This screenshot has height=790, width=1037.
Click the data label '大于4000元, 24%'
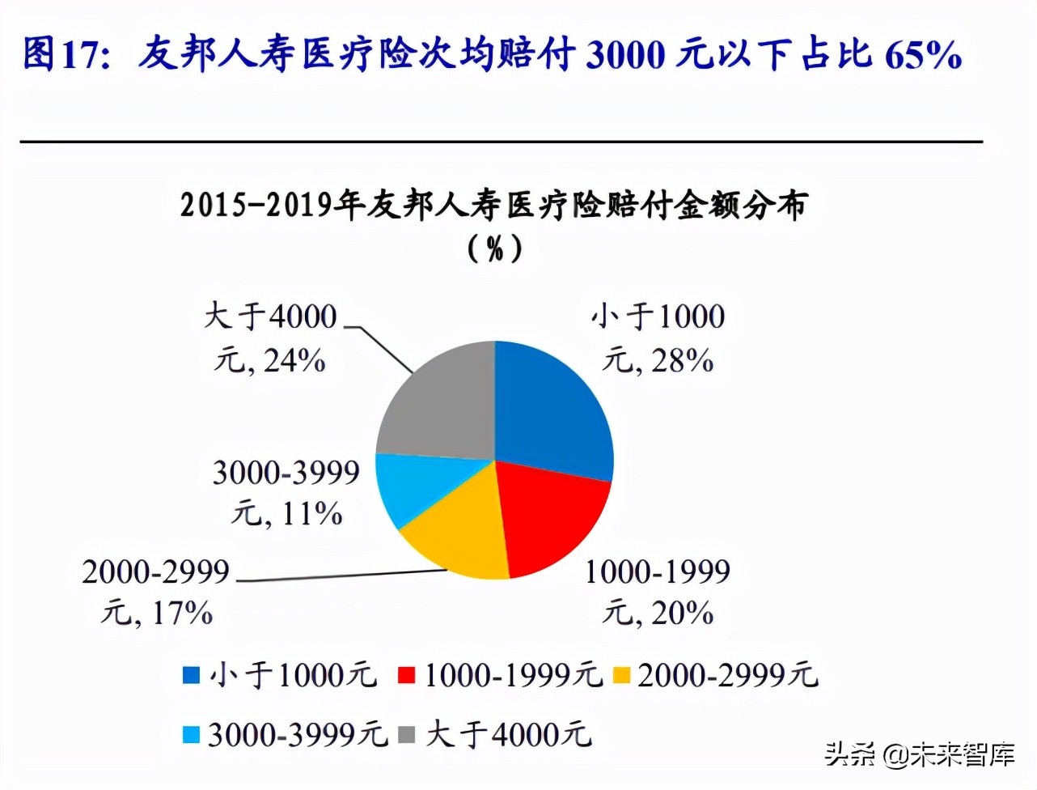270,338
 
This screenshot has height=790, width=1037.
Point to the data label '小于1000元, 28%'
658,338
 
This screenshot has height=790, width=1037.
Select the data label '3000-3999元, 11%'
286,493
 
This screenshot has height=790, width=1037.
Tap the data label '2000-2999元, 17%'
156,592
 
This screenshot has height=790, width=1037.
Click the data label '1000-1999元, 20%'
658,592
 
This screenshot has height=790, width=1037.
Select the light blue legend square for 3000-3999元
191,735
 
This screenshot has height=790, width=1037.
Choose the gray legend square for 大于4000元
407,735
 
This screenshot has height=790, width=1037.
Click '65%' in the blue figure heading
923,55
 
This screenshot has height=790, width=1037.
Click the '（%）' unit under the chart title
495,248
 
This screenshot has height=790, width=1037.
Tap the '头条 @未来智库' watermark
921,754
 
